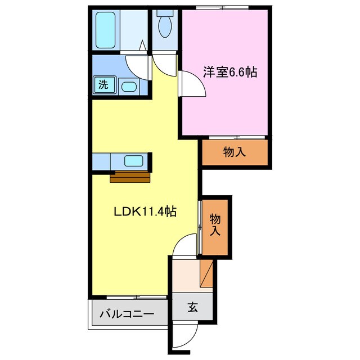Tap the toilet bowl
coord(165,25)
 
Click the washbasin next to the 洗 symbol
coord(128,86)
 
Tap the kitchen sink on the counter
coord(133,160)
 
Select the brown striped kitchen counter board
coord(130,177)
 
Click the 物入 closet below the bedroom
coord(235,151)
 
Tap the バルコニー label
coord(127,314)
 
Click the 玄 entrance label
coord(192,307)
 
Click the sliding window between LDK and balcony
coord(136,296)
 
